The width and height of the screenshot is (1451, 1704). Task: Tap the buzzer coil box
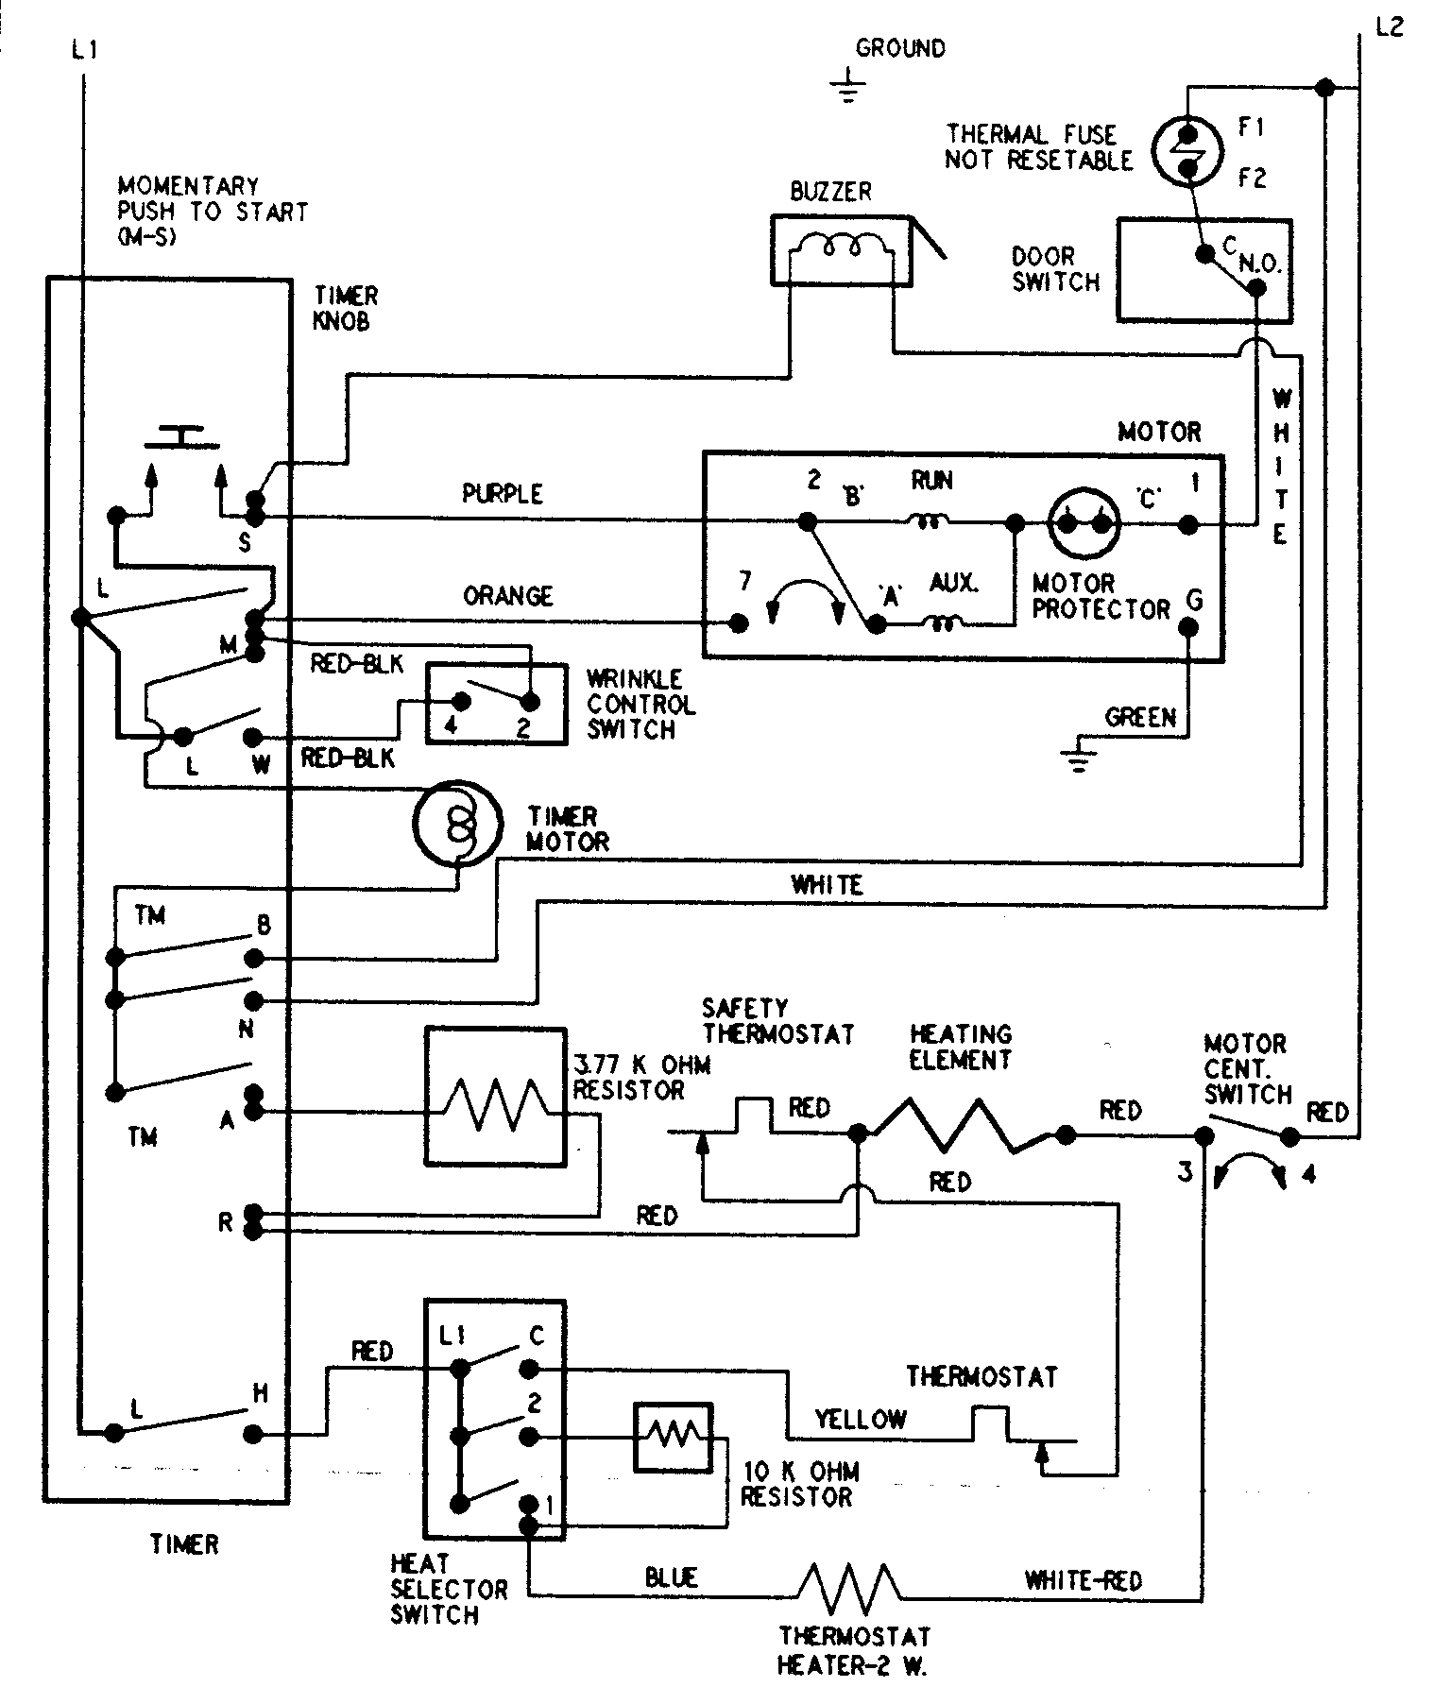841,249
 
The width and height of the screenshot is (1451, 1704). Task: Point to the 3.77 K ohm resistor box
496,1097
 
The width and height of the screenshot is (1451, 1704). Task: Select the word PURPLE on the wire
502,494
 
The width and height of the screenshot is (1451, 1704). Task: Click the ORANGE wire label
507,596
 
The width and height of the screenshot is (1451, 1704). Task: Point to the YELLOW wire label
861,1418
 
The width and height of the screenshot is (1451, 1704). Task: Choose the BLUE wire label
672,1576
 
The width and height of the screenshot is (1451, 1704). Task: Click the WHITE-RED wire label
1083,1579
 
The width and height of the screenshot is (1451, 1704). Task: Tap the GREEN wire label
1140,718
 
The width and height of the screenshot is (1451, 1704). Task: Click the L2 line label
1390,27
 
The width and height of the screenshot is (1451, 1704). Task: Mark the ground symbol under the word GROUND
848,86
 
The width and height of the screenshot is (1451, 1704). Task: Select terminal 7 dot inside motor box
739,622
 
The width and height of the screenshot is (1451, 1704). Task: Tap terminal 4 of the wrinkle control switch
462,701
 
